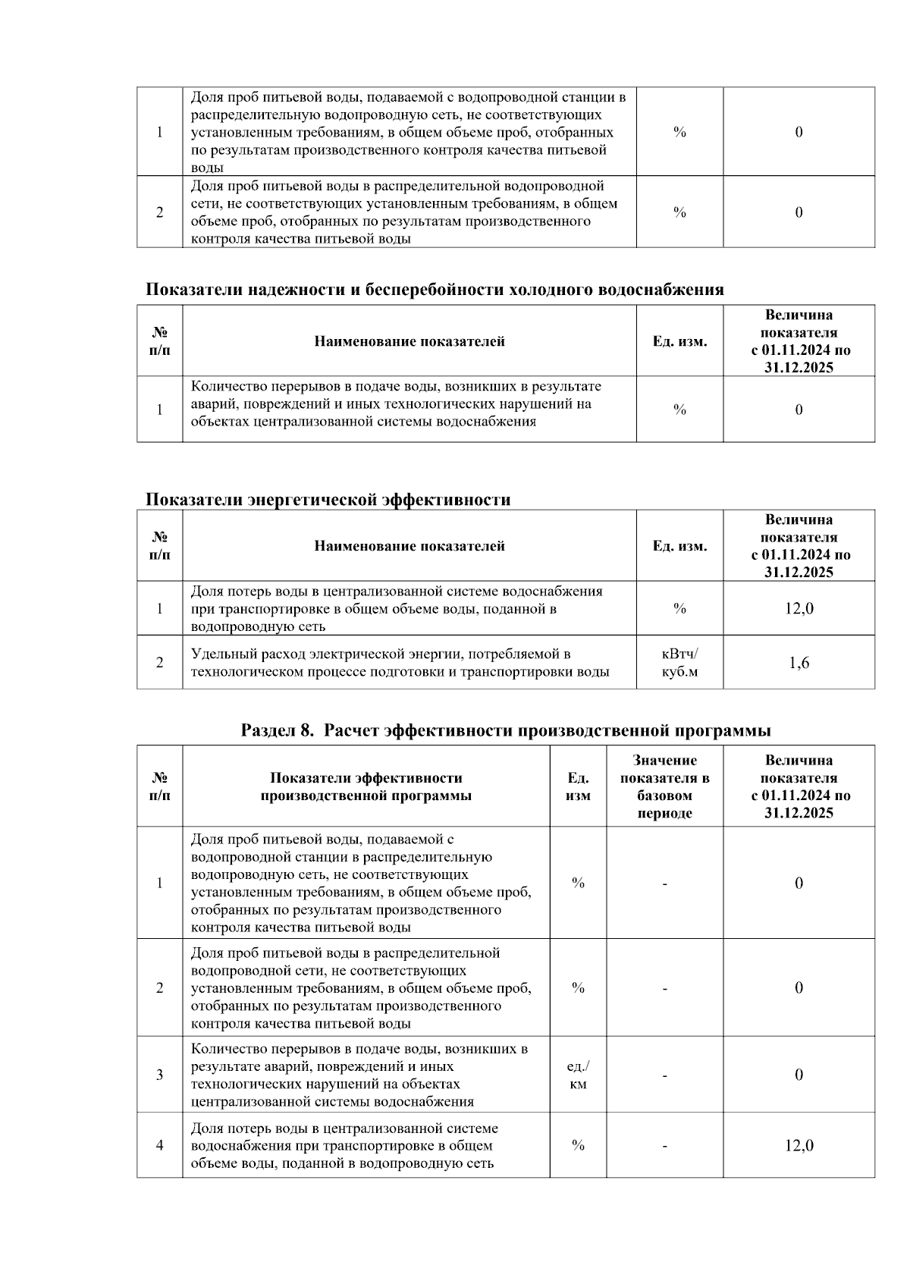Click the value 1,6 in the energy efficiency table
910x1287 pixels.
coord(799,663)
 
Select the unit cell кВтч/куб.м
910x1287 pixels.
coord(679,663)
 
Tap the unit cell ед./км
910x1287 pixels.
coord(578,1075)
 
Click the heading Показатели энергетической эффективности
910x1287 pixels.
coord(328,500)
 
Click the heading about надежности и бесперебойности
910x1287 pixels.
coord(434,290)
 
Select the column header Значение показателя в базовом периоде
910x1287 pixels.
coord(664,786)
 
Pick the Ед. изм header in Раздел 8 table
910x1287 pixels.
coord(578,786)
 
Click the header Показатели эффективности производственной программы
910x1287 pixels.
coord(366,786)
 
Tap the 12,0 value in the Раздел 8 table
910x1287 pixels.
coord(799,1145)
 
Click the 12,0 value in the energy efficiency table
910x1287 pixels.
coord(799,608)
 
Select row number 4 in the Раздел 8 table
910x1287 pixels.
coord(159,1145)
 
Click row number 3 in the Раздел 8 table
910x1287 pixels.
coord(159,1075)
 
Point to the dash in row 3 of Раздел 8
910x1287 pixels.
coord(664,1075)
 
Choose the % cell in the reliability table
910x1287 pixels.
coord(679,410)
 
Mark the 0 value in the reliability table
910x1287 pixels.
coord(799,410)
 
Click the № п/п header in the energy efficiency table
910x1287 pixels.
coord(159,546)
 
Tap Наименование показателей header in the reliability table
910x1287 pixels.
coord(409,341)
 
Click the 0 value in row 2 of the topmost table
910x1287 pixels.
coord(799,212)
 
